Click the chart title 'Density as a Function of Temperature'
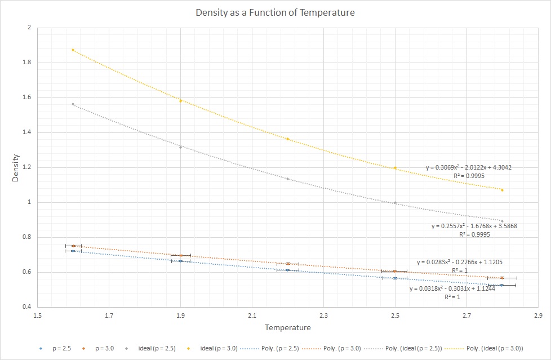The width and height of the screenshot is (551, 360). pos(275,12)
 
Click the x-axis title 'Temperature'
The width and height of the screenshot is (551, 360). pos(288,327)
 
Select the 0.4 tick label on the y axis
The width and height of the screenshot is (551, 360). pos(27,307)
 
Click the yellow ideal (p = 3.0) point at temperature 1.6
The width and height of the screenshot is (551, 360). pos(73,50)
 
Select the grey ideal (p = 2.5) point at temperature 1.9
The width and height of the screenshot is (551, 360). pos(180,147)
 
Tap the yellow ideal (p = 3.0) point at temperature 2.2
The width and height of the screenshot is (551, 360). pos(288,139)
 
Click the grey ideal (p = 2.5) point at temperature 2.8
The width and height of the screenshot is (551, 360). pos(502,221)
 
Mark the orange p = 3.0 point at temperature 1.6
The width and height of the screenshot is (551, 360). pos(73,246)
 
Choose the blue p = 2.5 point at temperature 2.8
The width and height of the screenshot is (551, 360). pos(502,285)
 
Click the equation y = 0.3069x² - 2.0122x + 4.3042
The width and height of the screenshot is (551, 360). pos(468,167)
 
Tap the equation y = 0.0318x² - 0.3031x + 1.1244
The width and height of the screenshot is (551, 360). pos(452,288)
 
